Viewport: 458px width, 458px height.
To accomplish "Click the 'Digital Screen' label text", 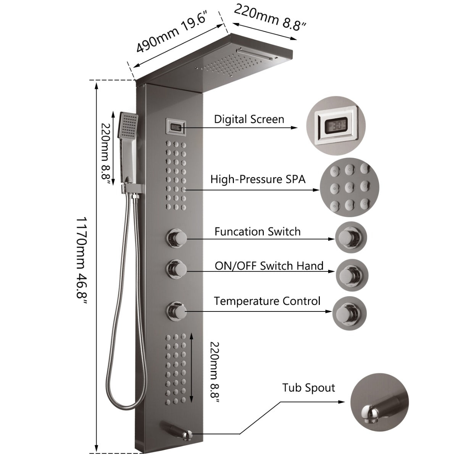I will [x=249, y=119].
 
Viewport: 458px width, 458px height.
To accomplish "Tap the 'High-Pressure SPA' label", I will [x=258, y=179].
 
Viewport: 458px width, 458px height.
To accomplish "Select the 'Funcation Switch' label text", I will [x=257, y=232].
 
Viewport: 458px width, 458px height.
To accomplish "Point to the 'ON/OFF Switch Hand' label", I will [x=269, y=266].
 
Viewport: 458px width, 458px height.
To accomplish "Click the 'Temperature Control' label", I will [x=267, y=301].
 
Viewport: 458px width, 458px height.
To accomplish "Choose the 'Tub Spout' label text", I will [x=308, y=388].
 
